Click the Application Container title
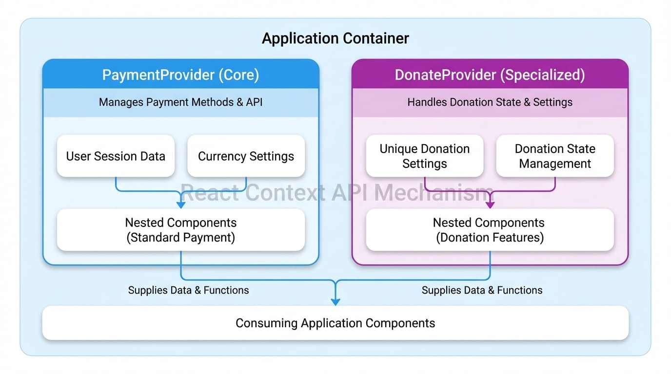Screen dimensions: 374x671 (x=335, y=38)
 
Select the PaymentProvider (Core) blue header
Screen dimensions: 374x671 (x=180, y=75)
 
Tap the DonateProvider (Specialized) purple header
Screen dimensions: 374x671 (x=490, y=75)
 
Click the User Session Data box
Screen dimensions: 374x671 (x=116, y=156)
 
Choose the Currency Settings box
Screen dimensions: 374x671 (x=246, y=156)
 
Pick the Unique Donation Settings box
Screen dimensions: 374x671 (x=424, y=156)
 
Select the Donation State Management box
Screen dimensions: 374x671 (x=554, y=156)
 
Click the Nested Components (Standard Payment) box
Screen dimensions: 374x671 (x=180, y=230)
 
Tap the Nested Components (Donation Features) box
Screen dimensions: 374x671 (x=490, y=230)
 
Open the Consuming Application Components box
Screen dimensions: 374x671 (x=335, y=323)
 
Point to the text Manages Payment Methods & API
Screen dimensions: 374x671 (x=180, y=102)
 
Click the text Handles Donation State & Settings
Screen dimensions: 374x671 (x=490, y=102)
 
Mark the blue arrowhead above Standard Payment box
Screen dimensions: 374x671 (x=181, y=205)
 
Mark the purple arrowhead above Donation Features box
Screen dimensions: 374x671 (x=490, y=205)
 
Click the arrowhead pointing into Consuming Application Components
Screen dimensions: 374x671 (x=335, y=301)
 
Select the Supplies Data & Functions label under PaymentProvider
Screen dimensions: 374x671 (x=188, y=290)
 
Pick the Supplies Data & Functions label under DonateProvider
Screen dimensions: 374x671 (x=482, y=290)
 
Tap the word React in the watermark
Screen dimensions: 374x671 (x=210, y=193)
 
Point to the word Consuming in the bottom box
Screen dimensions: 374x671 (x=266, y=323)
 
